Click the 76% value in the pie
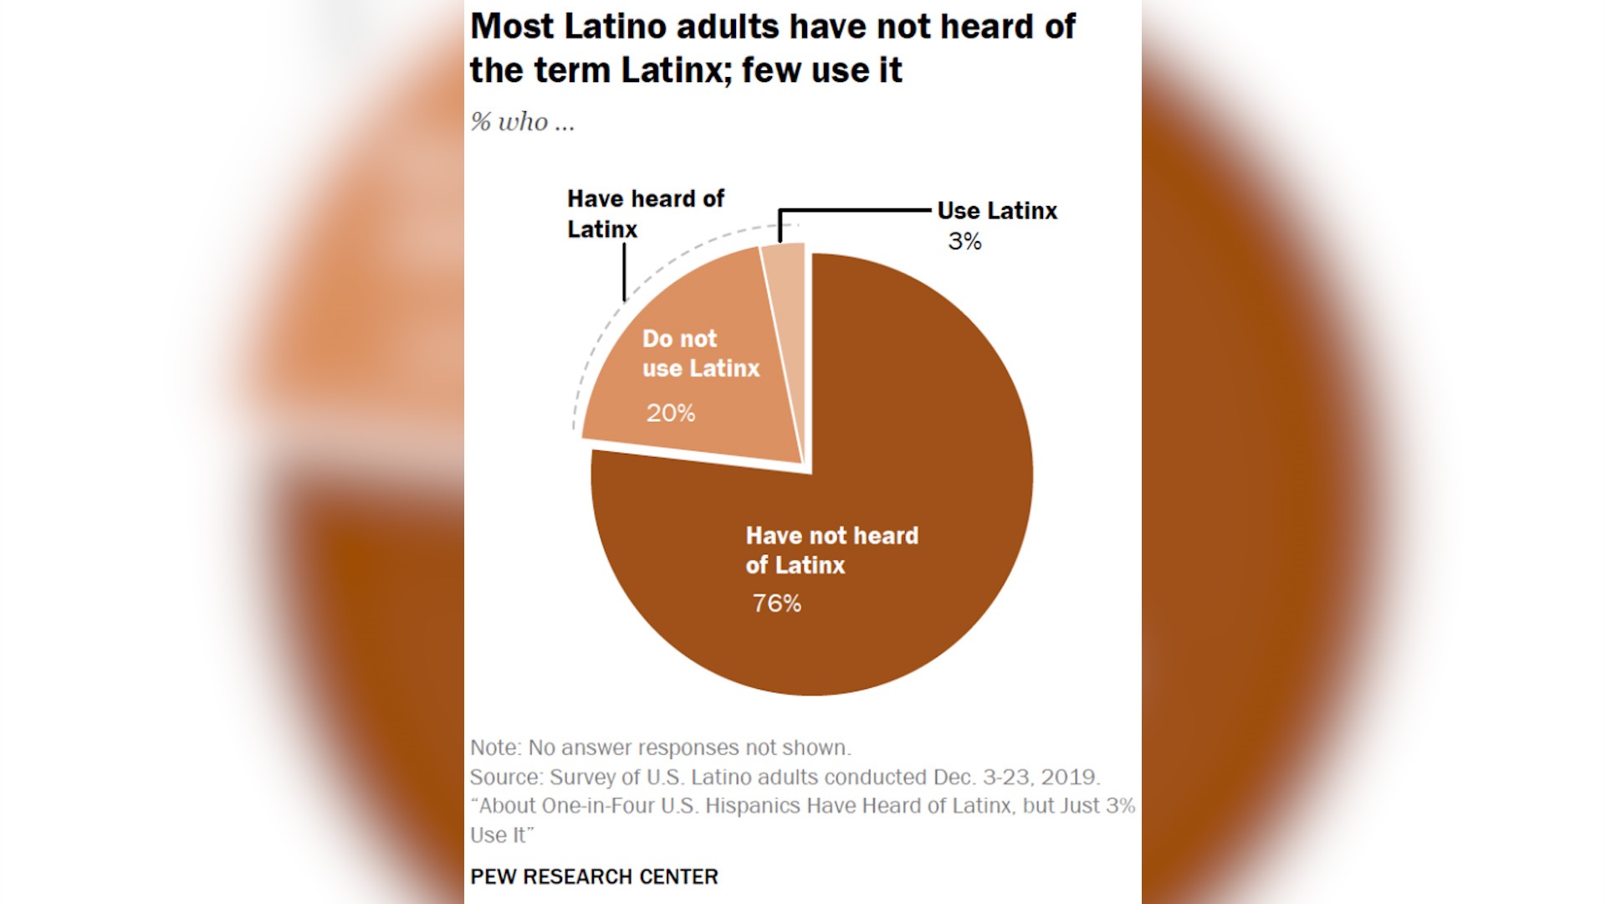click(776, 604)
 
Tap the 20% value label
click(670, 413)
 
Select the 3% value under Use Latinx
click(964, 242)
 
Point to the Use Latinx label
click(997, 211)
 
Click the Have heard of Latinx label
click(645, 213)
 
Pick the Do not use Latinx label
click(700, 353)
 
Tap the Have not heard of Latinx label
click(831, 550)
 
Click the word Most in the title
click(512, 27)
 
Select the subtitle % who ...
click(522, 122)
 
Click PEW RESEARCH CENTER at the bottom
click(594, 876)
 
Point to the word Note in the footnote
click(494, 747)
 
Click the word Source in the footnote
click(504, 777)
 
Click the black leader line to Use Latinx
click(853, 210)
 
